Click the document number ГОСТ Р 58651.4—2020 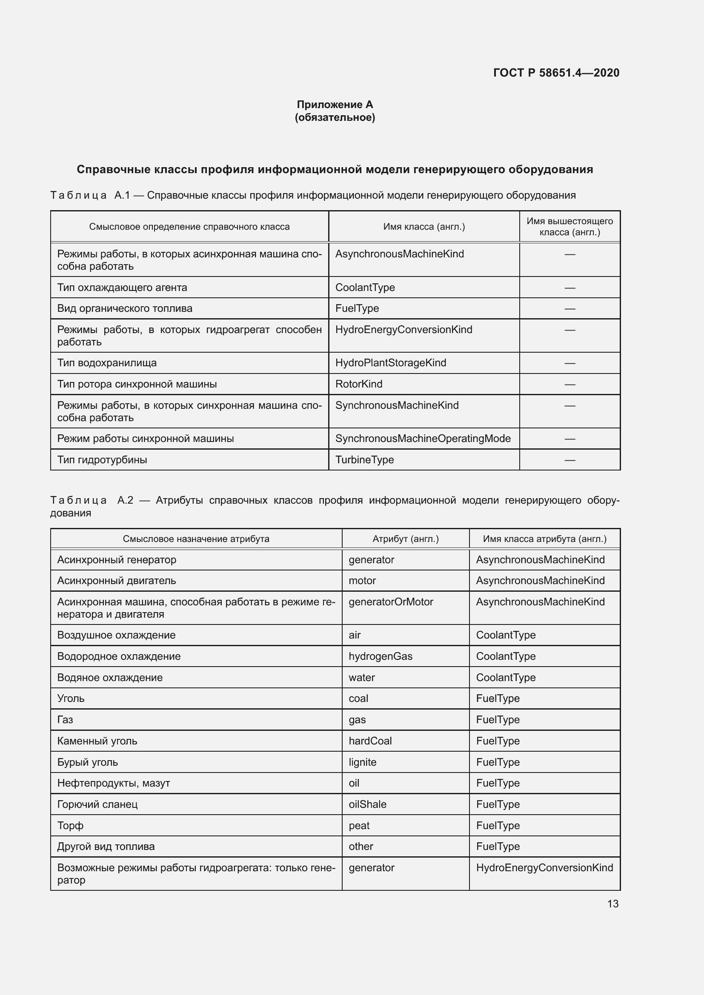pos(556,73)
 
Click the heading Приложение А pos(335,105)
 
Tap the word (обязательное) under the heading pos(335,117)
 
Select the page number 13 pos(612,904)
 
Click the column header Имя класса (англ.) pos(424,227)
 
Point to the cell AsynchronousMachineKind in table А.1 pos(399,254)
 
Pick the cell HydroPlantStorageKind pos(390,363)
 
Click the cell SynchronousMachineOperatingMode pos(423,439)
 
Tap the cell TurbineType pos(364,460)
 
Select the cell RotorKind pos(358,384)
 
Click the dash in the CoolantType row pos(569,288)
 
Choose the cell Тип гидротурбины pos(102,460)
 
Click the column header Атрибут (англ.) pos(405,539)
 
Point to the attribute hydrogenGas pos(380,656)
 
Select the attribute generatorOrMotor pos(391,602)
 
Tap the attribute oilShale pos(367,804)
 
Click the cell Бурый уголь pos(88,762)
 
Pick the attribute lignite pos(362,762)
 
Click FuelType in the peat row pos(498,826)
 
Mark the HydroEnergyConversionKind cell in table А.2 pos(544,867)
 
